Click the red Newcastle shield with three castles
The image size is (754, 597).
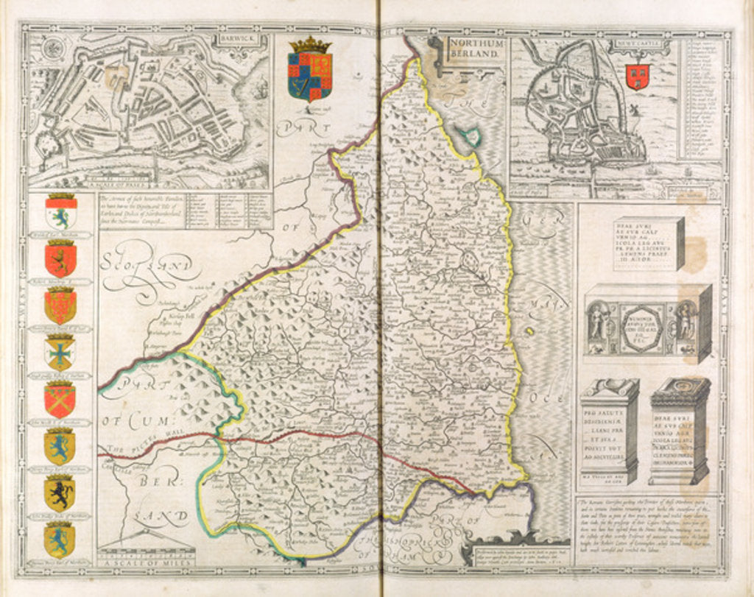[636, 76]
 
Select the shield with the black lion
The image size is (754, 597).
[59, 493]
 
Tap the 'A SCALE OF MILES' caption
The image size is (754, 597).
[145, 562]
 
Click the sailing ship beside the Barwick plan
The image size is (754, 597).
[259, 88]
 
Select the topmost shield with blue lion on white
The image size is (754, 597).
[60, 213]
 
